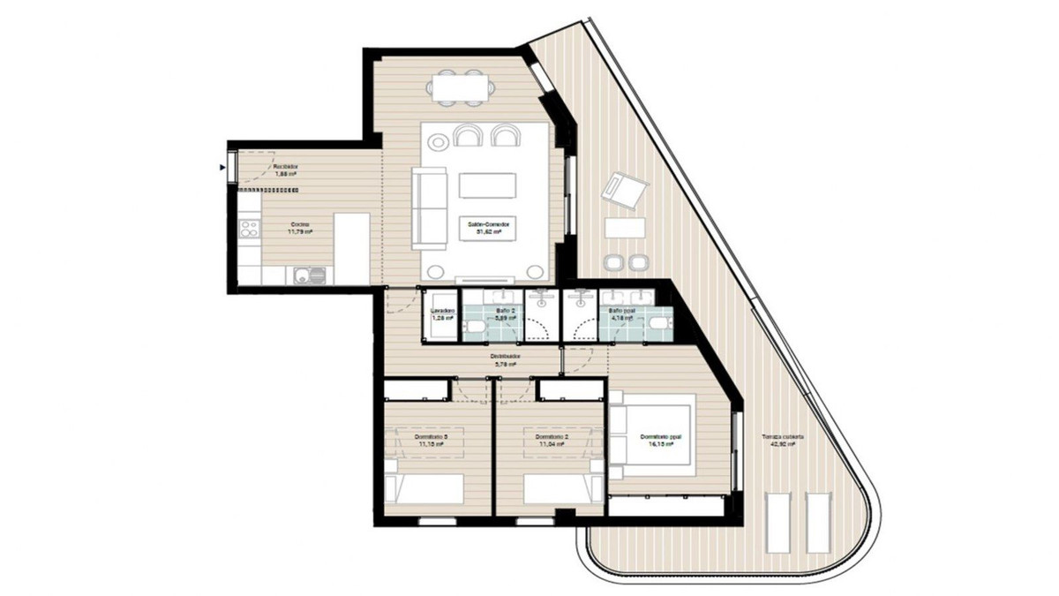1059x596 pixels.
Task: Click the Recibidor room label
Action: tap(284, 166)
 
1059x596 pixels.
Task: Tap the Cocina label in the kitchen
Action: tap(302, 225)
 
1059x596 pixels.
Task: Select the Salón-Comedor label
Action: tap(491, 226)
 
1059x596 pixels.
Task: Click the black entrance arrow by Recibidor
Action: tap(222, 166)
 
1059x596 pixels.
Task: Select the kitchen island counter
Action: tap(350, 249)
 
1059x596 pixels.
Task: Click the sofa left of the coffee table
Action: tap(430, 208)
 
